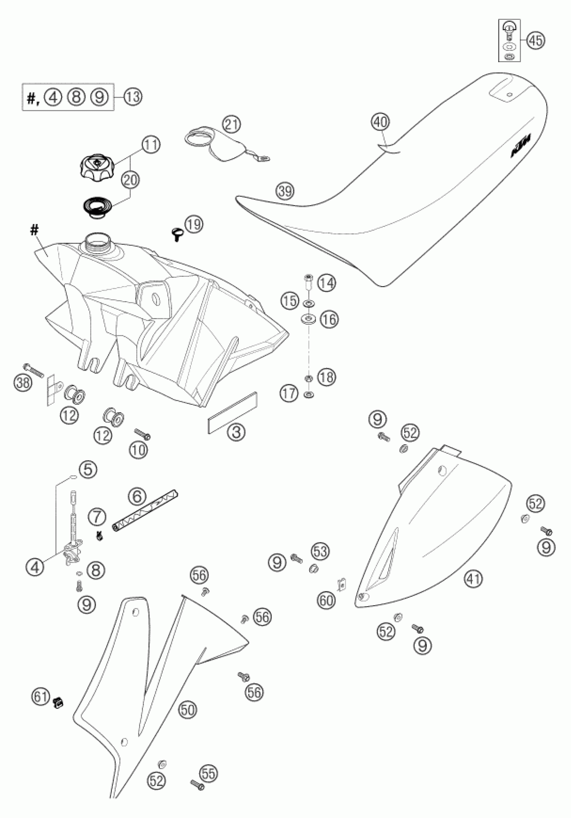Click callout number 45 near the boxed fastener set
coord(536,41)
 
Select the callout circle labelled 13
coord(132,97)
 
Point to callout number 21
coord(231,125)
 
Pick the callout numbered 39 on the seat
coord(285,191)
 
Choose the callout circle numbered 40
coord(381,122)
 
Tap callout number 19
coord(194,225)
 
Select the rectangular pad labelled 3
coord(232,413)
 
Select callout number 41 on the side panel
coord(474,579)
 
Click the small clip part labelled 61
coord(58,702)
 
